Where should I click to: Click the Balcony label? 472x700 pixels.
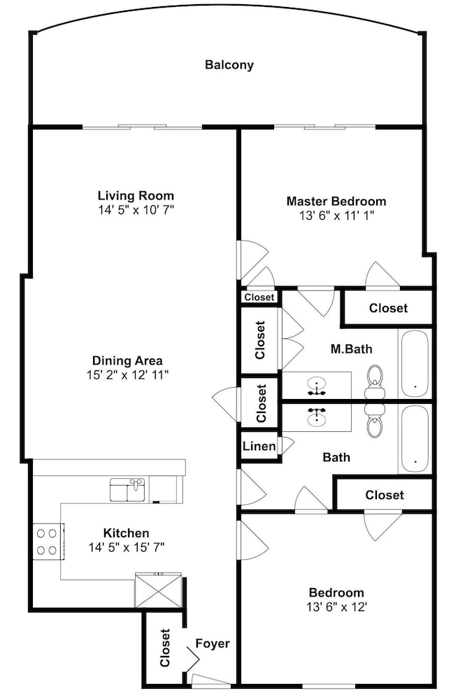point(229,64)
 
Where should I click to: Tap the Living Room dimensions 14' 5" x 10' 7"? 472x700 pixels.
point(136,209)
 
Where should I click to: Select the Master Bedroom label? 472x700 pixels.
point(336,202)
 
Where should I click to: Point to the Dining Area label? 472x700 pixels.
point(127,360)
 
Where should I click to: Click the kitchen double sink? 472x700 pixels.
point(127,490)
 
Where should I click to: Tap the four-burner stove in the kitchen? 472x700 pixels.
point(47,541)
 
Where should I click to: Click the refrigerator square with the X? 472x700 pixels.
point(158,590)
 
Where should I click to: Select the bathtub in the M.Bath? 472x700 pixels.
point(415,364)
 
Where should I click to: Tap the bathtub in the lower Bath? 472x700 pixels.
point(415,440)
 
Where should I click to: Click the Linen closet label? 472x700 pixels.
point(259,446)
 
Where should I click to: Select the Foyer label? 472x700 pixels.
point(213,643)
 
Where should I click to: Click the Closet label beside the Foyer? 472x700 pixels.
point(165,647)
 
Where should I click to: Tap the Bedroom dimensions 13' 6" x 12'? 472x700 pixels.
point(337,607)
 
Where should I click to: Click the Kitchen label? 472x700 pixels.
point(127,533)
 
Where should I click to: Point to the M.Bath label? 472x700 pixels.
point(352,349)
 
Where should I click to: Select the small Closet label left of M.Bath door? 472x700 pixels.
point(259,297)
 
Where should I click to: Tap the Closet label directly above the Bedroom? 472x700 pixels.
point(385,495)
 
